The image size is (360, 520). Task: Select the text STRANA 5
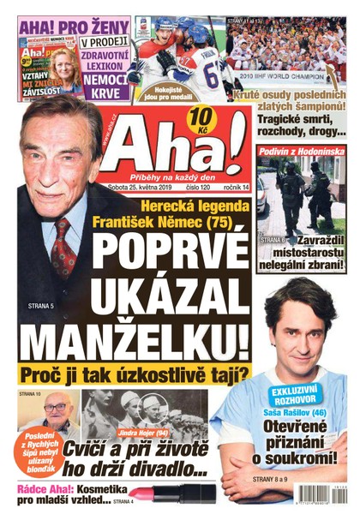coord(40,304)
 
